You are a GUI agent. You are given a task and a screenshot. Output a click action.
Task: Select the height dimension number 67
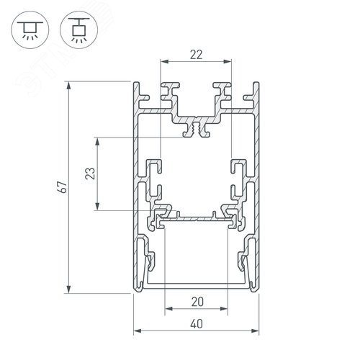63,187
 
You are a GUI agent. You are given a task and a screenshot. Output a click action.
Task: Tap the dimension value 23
89,173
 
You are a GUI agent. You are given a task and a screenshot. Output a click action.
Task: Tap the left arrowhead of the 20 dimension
169,311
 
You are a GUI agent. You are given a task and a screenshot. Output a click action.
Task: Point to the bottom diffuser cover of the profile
196,287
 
